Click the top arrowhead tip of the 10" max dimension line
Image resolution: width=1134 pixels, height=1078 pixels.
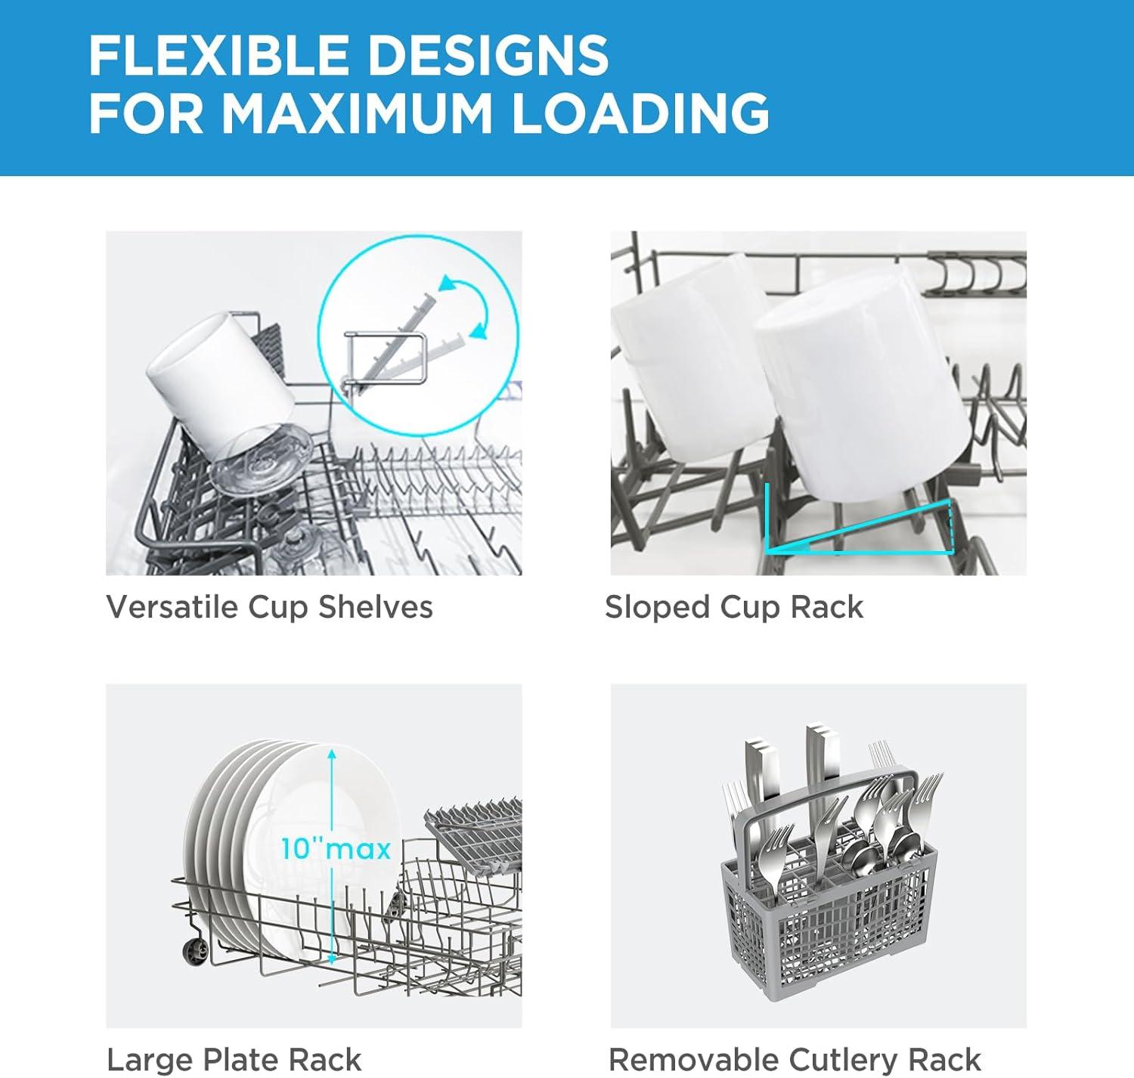332,749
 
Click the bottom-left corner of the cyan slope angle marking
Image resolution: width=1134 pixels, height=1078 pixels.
767,552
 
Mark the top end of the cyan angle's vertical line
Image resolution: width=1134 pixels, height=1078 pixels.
767,485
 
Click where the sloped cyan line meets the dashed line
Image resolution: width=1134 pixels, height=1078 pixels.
950,503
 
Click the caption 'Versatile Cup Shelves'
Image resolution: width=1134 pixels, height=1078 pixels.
269,607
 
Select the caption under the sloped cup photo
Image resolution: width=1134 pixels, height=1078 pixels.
733,607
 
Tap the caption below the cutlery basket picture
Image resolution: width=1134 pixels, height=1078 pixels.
795,1060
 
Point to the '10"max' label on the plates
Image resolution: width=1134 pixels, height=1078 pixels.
336,848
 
